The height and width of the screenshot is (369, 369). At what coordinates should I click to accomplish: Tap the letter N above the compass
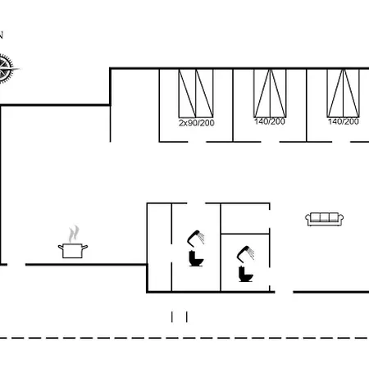click(x=1, y=35)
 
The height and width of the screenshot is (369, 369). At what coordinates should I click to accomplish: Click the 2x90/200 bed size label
click(x=197, y=123)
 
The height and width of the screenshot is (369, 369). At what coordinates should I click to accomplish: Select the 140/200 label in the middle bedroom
click(x=270, y=121)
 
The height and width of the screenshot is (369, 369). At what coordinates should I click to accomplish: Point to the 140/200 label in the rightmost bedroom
click(x=344, y=121)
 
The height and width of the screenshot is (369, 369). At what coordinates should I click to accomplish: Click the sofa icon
click(x=325, y=219)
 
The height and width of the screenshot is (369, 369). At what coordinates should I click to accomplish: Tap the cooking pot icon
click(x=73, y=251)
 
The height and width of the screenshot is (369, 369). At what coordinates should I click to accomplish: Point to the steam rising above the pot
click(x=74, y=234)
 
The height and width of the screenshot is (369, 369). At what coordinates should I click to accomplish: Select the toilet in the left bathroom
click(x=196, y=258)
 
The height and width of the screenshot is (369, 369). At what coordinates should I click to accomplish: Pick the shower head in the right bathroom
click(x=245, y=253)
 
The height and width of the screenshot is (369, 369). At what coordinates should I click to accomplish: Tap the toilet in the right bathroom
click(x=246, y=274)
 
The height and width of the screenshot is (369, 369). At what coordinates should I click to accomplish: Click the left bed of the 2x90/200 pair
click(x=187, y=93)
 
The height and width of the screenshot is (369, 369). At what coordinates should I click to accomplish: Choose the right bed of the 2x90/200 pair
click(x=204, y=93)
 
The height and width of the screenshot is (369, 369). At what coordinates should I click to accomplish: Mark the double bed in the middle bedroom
click(x=270, y=93)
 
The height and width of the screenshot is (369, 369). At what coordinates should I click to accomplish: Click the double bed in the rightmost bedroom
click(x=344, y=93)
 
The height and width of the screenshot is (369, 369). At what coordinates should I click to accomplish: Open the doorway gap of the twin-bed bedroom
click(x=197, y=142)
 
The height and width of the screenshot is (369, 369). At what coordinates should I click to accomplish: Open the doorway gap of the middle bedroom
click(x=270, y=142)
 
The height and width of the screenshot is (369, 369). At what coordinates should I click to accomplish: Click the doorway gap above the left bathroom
click(x=196, y=203)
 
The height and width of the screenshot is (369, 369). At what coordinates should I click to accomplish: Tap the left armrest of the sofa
click(x=308, y=218)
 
